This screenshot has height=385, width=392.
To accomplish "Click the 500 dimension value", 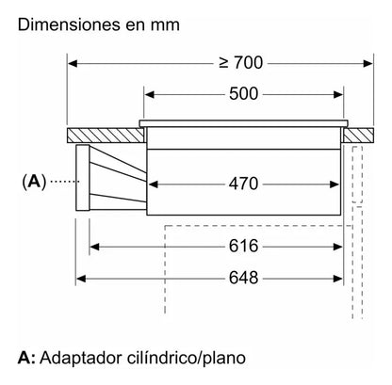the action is (243, 94).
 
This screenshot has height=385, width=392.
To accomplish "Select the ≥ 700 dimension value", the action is (241, 63).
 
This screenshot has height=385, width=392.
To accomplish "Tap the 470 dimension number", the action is (243, 184).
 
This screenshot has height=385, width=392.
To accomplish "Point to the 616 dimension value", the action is (243, 246).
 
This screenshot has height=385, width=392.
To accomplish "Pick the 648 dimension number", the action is (243, 278).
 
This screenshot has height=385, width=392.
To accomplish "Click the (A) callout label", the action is (34, 182).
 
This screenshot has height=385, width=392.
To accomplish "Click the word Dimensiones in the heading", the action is (69, 24).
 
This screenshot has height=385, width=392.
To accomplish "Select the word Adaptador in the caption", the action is (81, 358).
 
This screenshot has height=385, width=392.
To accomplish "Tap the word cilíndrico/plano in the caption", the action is (187, 358).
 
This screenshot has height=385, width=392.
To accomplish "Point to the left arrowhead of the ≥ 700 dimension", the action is (73, 63).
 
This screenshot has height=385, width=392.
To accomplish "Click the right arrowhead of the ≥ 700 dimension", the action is (367, 63).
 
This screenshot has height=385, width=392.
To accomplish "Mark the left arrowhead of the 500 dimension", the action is (150, 94).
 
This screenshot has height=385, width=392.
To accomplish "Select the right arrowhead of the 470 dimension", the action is (335, 184).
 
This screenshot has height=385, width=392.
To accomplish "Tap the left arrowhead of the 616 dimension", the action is (94, 247).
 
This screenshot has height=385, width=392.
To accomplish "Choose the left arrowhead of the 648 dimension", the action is (81, 279).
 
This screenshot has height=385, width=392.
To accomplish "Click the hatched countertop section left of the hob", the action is (106, 136).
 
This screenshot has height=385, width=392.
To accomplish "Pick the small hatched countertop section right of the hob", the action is (358, 136).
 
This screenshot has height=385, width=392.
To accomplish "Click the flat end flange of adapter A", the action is (83, 178).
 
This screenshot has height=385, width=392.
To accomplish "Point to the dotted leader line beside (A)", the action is (65, 182).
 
